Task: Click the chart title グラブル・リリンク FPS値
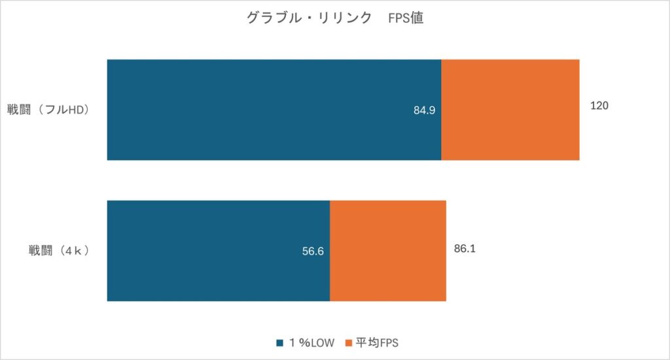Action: [334, 18]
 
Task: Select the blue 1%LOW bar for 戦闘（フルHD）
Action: [273, 109]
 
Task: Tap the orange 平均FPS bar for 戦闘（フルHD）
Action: [510, 109]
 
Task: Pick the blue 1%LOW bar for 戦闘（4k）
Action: [218, 251]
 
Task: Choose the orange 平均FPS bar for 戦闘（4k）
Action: [387, 251]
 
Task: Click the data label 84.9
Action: [424, 110]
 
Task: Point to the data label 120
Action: [599, 105]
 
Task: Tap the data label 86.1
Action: [465, 249]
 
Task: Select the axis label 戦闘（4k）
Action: [58, 249]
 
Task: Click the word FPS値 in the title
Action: [406, 18]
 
